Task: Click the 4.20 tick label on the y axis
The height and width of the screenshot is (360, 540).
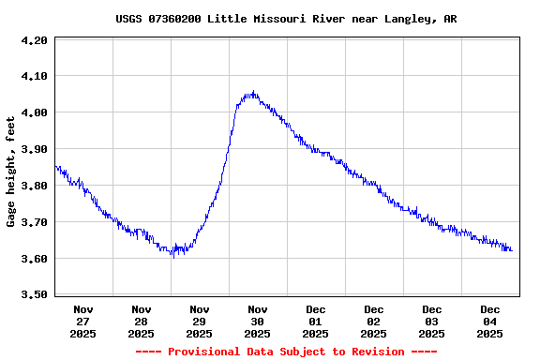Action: (x=34, y=40)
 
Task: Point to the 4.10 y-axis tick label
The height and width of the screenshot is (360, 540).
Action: (x=34, y=76)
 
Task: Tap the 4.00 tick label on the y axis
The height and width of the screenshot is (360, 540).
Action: (x=34, y=112)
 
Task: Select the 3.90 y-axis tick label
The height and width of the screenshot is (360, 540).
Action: (x=34, y=149)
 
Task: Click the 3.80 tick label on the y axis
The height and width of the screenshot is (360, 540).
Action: (x=34, y=186)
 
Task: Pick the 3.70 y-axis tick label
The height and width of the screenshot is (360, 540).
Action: (x=34, y=222)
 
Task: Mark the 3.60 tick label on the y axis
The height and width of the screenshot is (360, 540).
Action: (x=34, y=259)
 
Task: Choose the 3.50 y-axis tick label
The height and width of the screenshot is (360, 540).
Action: (x=34, y=295)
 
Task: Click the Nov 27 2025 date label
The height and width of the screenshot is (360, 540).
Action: (x=83, y=321)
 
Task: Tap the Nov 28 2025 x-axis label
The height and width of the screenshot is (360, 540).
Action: (x=142, y=321)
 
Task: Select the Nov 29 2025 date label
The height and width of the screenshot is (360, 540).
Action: (x=200, y=321)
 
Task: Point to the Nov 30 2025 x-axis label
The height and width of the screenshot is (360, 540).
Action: (x=258, y=321)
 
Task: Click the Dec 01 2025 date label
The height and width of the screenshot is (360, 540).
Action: (x=316, y=321)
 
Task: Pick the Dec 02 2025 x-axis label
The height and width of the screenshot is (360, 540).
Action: (x=374, y=321)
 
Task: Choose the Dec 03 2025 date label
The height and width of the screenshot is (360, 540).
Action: (x=432, y=321)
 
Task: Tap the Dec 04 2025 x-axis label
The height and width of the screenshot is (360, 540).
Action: (x=490, y=321)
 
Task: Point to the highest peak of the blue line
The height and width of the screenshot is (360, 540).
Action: (x=252, y=92)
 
